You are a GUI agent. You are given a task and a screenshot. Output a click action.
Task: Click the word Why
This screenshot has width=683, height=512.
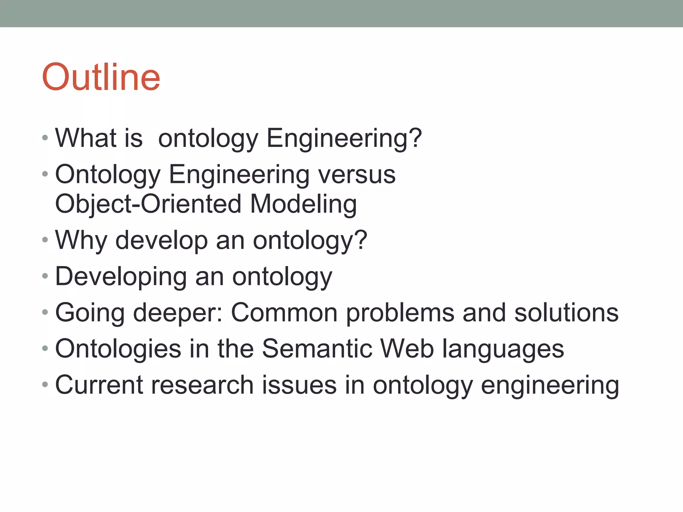81,240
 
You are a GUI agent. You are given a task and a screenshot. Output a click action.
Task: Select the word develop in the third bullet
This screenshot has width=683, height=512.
161,240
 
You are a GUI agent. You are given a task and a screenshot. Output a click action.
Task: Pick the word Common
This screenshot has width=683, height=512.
284,313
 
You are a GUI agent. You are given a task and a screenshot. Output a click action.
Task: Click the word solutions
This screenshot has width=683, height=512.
566,313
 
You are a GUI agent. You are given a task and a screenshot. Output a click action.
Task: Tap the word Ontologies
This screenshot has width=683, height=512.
118,349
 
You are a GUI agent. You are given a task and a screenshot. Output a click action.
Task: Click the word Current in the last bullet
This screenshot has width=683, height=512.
99,385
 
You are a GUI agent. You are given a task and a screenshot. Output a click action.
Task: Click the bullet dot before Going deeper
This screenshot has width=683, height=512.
45,313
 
